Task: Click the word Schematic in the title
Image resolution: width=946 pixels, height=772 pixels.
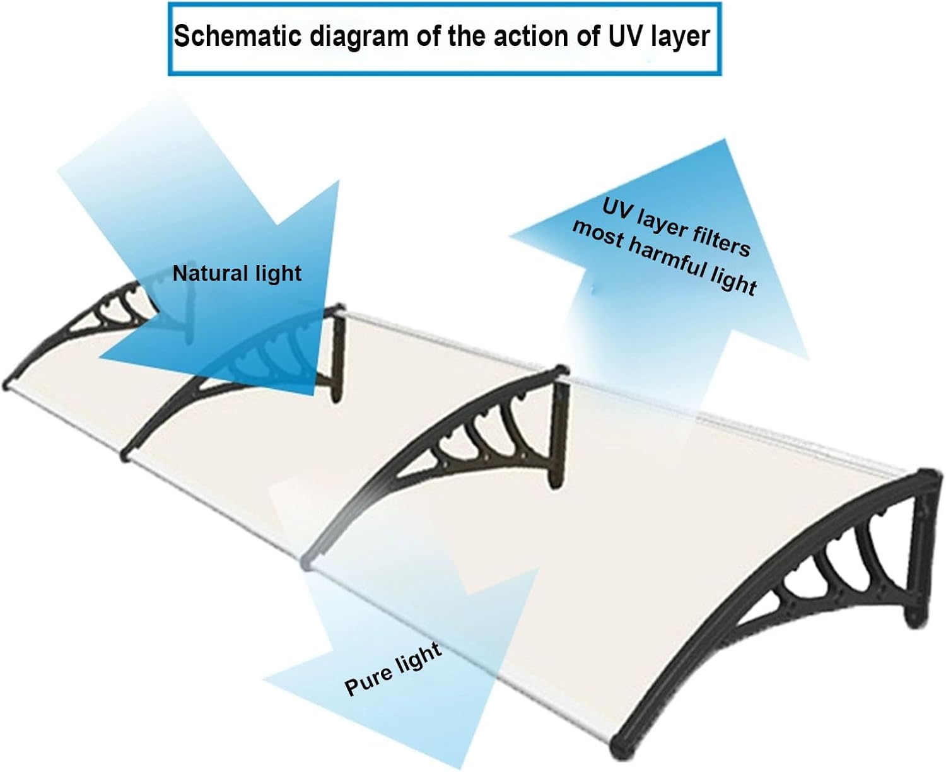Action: (237, 37)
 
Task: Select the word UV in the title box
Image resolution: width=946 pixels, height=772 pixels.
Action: (625, 36)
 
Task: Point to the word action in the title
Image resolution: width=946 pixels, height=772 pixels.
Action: (530, 37)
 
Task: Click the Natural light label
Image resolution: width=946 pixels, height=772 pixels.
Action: (237, 274)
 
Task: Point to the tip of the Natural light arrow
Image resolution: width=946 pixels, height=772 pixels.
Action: (313, 395)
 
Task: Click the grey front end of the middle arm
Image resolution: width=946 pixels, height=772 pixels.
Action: (308, 561)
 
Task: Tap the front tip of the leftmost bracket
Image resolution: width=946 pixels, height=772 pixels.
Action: (6, 385)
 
